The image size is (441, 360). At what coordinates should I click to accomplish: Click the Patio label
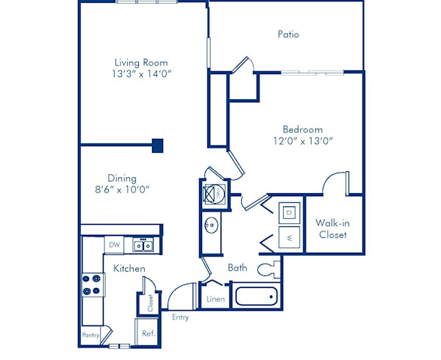pos(288,35)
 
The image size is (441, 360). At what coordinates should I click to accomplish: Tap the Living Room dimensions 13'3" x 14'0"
pos(143,74)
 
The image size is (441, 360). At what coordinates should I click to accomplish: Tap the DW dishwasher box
pos(114,245)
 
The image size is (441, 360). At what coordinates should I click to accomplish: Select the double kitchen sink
pos(142,245)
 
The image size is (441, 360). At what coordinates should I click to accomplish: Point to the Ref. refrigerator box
pos(146,333)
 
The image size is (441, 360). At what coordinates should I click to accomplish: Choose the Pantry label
pos(90,335)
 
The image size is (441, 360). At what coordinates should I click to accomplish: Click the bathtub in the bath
pos(255,298)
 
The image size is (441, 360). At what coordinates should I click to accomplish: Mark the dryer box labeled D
pos(290,212)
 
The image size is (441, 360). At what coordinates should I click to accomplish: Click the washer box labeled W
pos(290,238)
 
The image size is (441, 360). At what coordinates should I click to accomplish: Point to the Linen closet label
pos(215,299)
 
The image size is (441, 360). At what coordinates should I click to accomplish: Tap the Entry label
pos(180,317)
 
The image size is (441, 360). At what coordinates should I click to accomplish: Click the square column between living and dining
pos(157,145)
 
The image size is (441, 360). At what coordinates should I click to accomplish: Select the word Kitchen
pos(129,269)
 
